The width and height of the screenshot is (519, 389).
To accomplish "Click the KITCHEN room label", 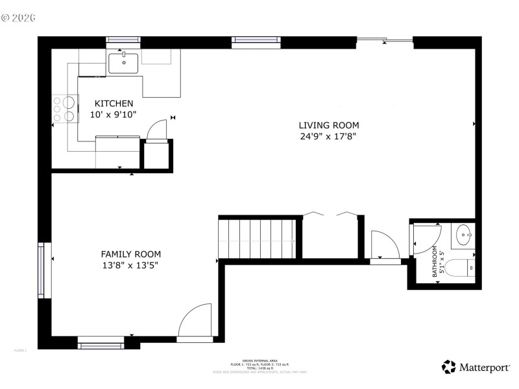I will (114, 104).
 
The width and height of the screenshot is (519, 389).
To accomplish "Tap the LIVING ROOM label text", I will (328, 125).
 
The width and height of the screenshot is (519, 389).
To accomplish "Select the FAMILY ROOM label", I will (130, 254).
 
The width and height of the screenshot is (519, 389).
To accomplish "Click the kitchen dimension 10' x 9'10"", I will (114, 115).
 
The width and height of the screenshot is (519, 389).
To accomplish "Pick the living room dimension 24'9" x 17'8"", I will (328, 136).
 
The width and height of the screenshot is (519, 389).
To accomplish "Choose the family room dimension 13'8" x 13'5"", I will (130, 265).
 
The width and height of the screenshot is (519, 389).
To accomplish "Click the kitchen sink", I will (123, 64).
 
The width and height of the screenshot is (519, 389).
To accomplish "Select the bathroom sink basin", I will (465, 235).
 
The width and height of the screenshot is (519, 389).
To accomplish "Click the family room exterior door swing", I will (196, 321).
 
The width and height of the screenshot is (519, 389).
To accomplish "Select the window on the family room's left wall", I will (44, 270).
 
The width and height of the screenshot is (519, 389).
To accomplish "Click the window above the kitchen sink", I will (123, 41).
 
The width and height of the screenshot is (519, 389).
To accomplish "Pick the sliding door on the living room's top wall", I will (385, 41).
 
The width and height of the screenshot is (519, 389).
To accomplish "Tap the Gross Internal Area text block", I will (259, 366).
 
